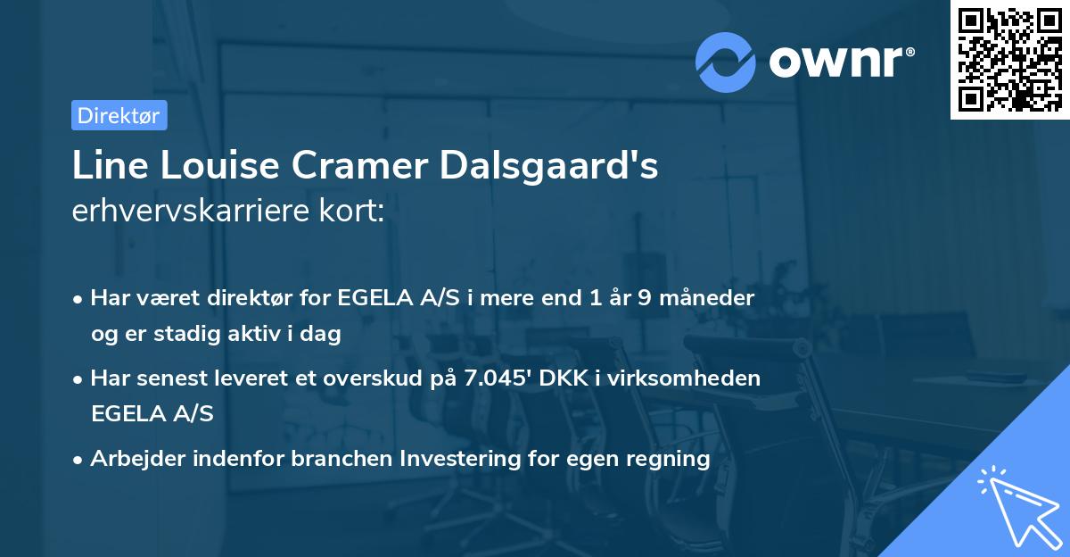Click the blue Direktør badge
pyautogui.click(x=119, y=115)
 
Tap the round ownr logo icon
pyautogui.click(x=726, y=62)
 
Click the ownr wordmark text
pyautogui.click(x=840, y=62)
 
